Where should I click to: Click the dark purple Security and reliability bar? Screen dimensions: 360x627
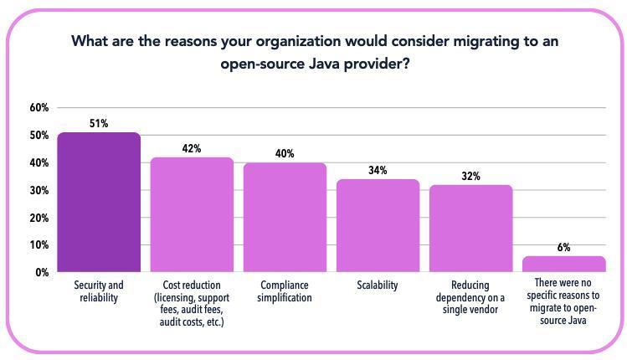click(x=99, y=202)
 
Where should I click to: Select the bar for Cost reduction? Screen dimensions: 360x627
click(x=192, y=214)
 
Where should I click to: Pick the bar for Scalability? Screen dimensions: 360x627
click(x=378, y=225)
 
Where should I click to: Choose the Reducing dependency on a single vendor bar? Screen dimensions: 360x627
click(x=470, y=228)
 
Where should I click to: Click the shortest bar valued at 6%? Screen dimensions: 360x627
click(x=563, y=264)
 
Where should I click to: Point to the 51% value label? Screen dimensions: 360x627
click(x=99, y=124)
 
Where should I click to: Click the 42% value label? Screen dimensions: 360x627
click(x=192, y=149)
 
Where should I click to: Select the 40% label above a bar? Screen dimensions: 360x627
click(x=285, y=154)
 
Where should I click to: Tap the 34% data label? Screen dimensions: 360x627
click(x=378, y=171)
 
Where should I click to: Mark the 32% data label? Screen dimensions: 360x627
click(x=470, y=177)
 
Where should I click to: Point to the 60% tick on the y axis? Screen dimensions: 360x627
click(x=39, y=108)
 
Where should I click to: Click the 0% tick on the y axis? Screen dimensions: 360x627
click(x=42, y=273)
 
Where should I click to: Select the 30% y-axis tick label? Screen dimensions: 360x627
click(x=39, y=190)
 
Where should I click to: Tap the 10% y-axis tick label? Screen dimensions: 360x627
click(x=39, y=245)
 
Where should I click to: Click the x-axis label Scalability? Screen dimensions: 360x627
click(x=378, y=285)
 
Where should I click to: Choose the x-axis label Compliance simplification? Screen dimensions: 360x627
click(x=285, y=291)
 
